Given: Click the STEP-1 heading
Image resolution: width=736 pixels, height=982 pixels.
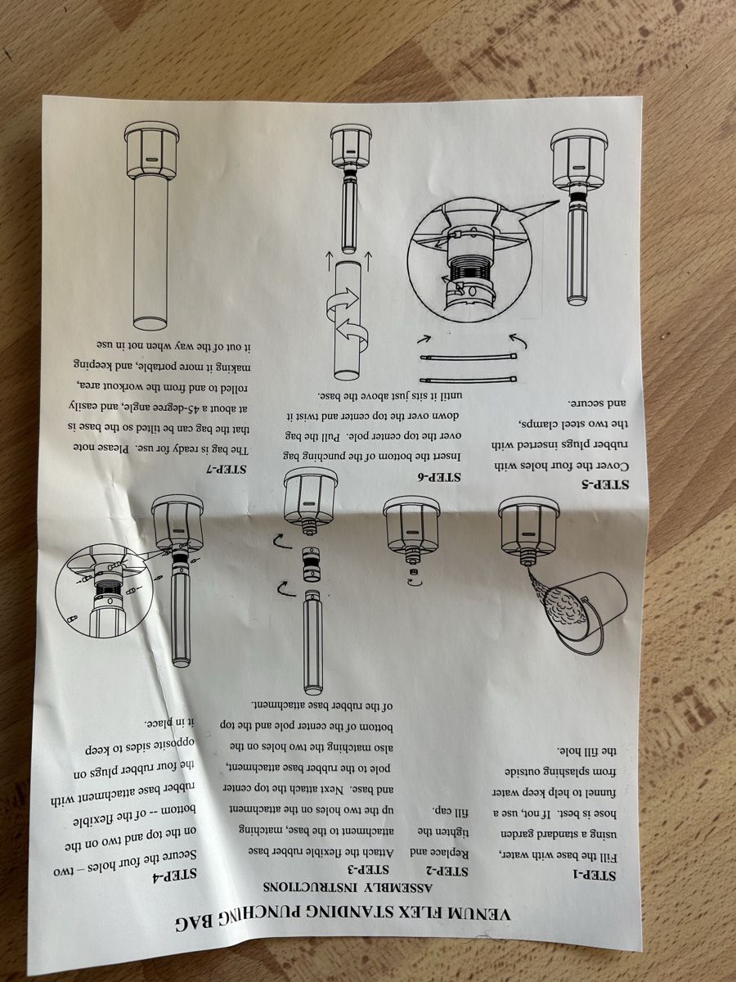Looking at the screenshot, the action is (x=595, y=875).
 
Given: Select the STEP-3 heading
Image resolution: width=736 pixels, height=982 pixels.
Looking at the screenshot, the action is (x=369, y=869).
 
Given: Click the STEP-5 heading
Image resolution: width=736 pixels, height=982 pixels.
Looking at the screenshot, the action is (x=608, y=484).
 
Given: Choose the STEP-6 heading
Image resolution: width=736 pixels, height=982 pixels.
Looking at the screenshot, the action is (x=440, y=477).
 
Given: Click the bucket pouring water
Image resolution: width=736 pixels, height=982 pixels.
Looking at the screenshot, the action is (x=586, y=610).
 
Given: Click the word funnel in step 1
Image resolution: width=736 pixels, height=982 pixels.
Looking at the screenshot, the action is (x=599, y=792).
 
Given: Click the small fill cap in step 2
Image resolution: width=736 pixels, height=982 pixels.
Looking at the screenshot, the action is (x=413, y=572).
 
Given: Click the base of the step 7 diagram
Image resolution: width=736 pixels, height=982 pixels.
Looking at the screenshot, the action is (x=152, y=151).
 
